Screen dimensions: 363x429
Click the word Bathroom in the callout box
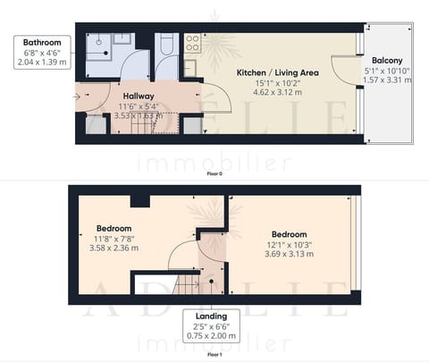coord(41,42)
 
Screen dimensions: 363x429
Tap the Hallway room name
coord(139,97)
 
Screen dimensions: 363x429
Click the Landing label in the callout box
coord(212,317)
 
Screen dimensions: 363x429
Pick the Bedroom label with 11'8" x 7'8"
coord(114,229)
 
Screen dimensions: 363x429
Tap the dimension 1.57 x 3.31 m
coord(388,79)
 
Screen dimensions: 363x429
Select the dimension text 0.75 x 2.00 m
coord(212,336)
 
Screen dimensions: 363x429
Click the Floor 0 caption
coord(214,173)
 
